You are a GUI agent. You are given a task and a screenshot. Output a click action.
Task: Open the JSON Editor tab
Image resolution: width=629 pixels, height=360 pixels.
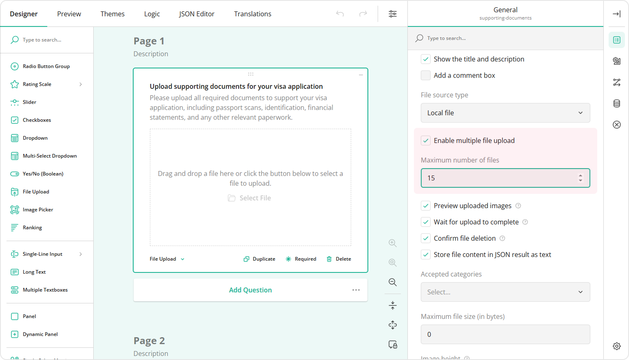click(x=196, y=14)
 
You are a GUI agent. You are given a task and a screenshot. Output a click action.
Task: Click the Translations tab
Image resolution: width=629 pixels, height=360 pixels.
click(x=253, y=14)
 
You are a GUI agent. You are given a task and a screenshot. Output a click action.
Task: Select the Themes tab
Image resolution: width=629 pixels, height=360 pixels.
click(x=112, y=14)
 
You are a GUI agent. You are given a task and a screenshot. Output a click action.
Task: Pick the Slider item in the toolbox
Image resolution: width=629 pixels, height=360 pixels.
click(x=29, y=102)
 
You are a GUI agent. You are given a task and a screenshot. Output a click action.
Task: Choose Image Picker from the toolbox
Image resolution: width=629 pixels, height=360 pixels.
click(x=38, y=210)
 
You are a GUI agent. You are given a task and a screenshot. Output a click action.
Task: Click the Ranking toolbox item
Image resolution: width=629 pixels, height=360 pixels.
click(x=32, y=228)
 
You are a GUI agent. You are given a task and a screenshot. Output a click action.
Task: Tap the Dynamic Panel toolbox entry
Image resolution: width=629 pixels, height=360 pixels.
click(x=40, y=334)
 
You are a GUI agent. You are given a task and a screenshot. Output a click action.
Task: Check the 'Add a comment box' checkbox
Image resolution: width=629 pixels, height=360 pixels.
click(x=426, y=75)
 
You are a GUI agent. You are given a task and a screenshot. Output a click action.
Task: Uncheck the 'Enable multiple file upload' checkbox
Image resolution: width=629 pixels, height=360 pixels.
click(x=426, y=140)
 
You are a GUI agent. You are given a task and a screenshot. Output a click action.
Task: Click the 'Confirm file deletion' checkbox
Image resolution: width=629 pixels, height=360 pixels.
click(x=426, y=238)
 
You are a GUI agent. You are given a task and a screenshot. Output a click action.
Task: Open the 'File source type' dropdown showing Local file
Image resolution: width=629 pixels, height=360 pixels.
click(x=505, y=113)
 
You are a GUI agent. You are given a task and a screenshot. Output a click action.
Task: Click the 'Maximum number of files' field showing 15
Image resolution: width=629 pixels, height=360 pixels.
click(x=499, y=178)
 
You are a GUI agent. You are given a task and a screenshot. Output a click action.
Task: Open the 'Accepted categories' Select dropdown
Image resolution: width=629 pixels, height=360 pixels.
click(x=505, y=292)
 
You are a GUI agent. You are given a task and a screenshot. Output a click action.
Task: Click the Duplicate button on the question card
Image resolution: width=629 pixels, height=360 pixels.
click(x=260, y=259)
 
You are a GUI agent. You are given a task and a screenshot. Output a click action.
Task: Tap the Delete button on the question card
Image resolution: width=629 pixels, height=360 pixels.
click(x=339, y=259)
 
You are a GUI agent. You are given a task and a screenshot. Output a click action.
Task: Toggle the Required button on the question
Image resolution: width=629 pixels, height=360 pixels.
click(x=301, y=259)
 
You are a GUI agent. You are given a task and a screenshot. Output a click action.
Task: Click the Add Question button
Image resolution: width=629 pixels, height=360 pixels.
click(x=250, y=290)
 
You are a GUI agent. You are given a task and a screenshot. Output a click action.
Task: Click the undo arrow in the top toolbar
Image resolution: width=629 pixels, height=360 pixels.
click(x=340, y=14)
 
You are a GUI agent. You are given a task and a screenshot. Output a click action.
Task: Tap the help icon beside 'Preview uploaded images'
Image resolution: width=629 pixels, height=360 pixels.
click(x=518, y=206)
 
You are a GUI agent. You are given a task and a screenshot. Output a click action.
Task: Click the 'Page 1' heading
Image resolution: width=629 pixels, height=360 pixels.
click(x=149, y=41)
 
